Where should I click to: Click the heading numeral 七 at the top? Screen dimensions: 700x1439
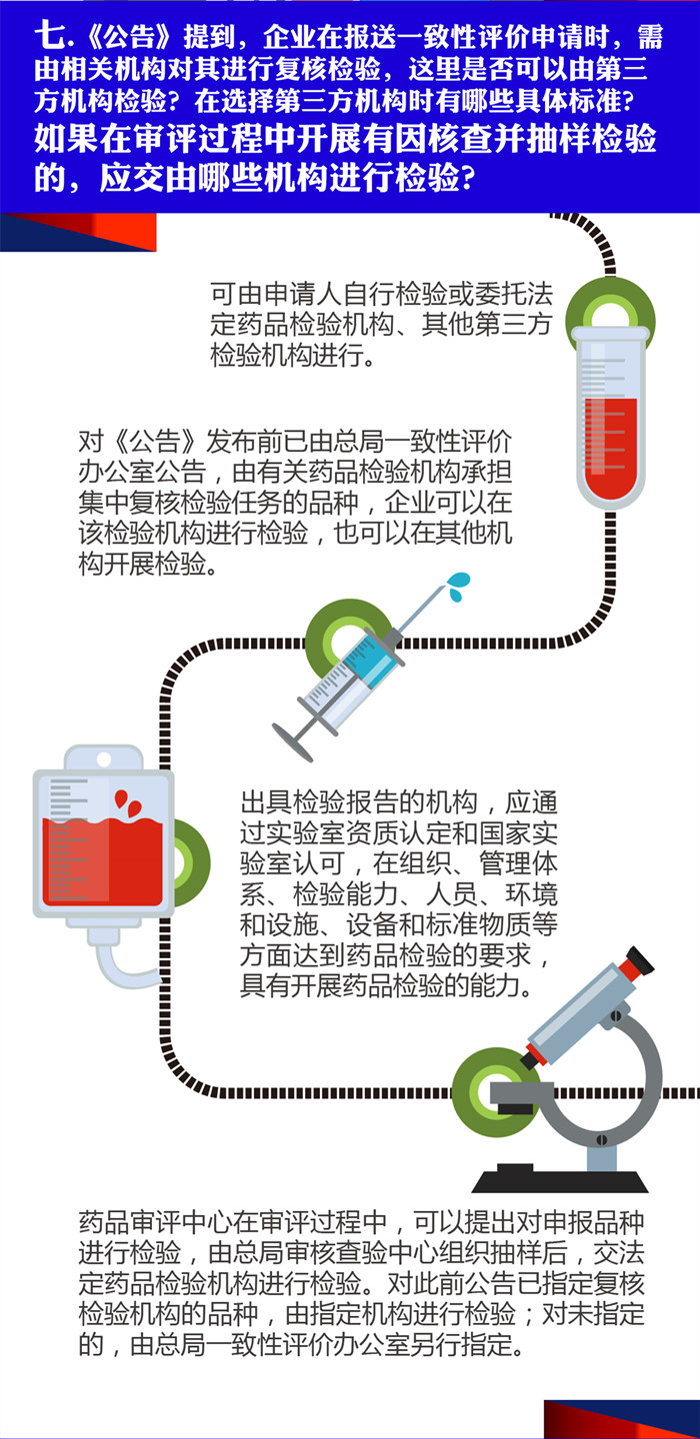point(49,36)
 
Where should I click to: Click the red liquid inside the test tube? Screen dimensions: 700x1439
point(611,449)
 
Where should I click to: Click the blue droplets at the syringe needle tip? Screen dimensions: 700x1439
point(458,586)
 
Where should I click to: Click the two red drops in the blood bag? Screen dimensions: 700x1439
point(127,802)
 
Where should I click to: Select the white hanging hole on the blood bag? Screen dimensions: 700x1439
point(103,759)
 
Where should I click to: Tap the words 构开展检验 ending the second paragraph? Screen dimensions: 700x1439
point(142,564)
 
